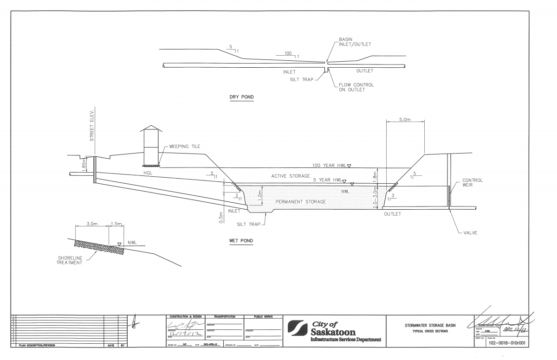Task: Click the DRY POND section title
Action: coord(242,97)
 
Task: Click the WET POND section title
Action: coord(241,241)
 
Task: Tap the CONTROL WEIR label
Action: coord(473,183)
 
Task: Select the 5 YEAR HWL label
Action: coord(327,180)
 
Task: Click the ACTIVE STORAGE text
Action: coord(291,176)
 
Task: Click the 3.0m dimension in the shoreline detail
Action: coord(92,224)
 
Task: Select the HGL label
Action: coord(149,173)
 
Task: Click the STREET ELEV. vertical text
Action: coord(92,125)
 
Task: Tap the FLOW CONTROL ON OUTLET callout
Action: coord(356,87)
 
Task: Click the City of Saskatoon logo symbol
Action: coord(298,328)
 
